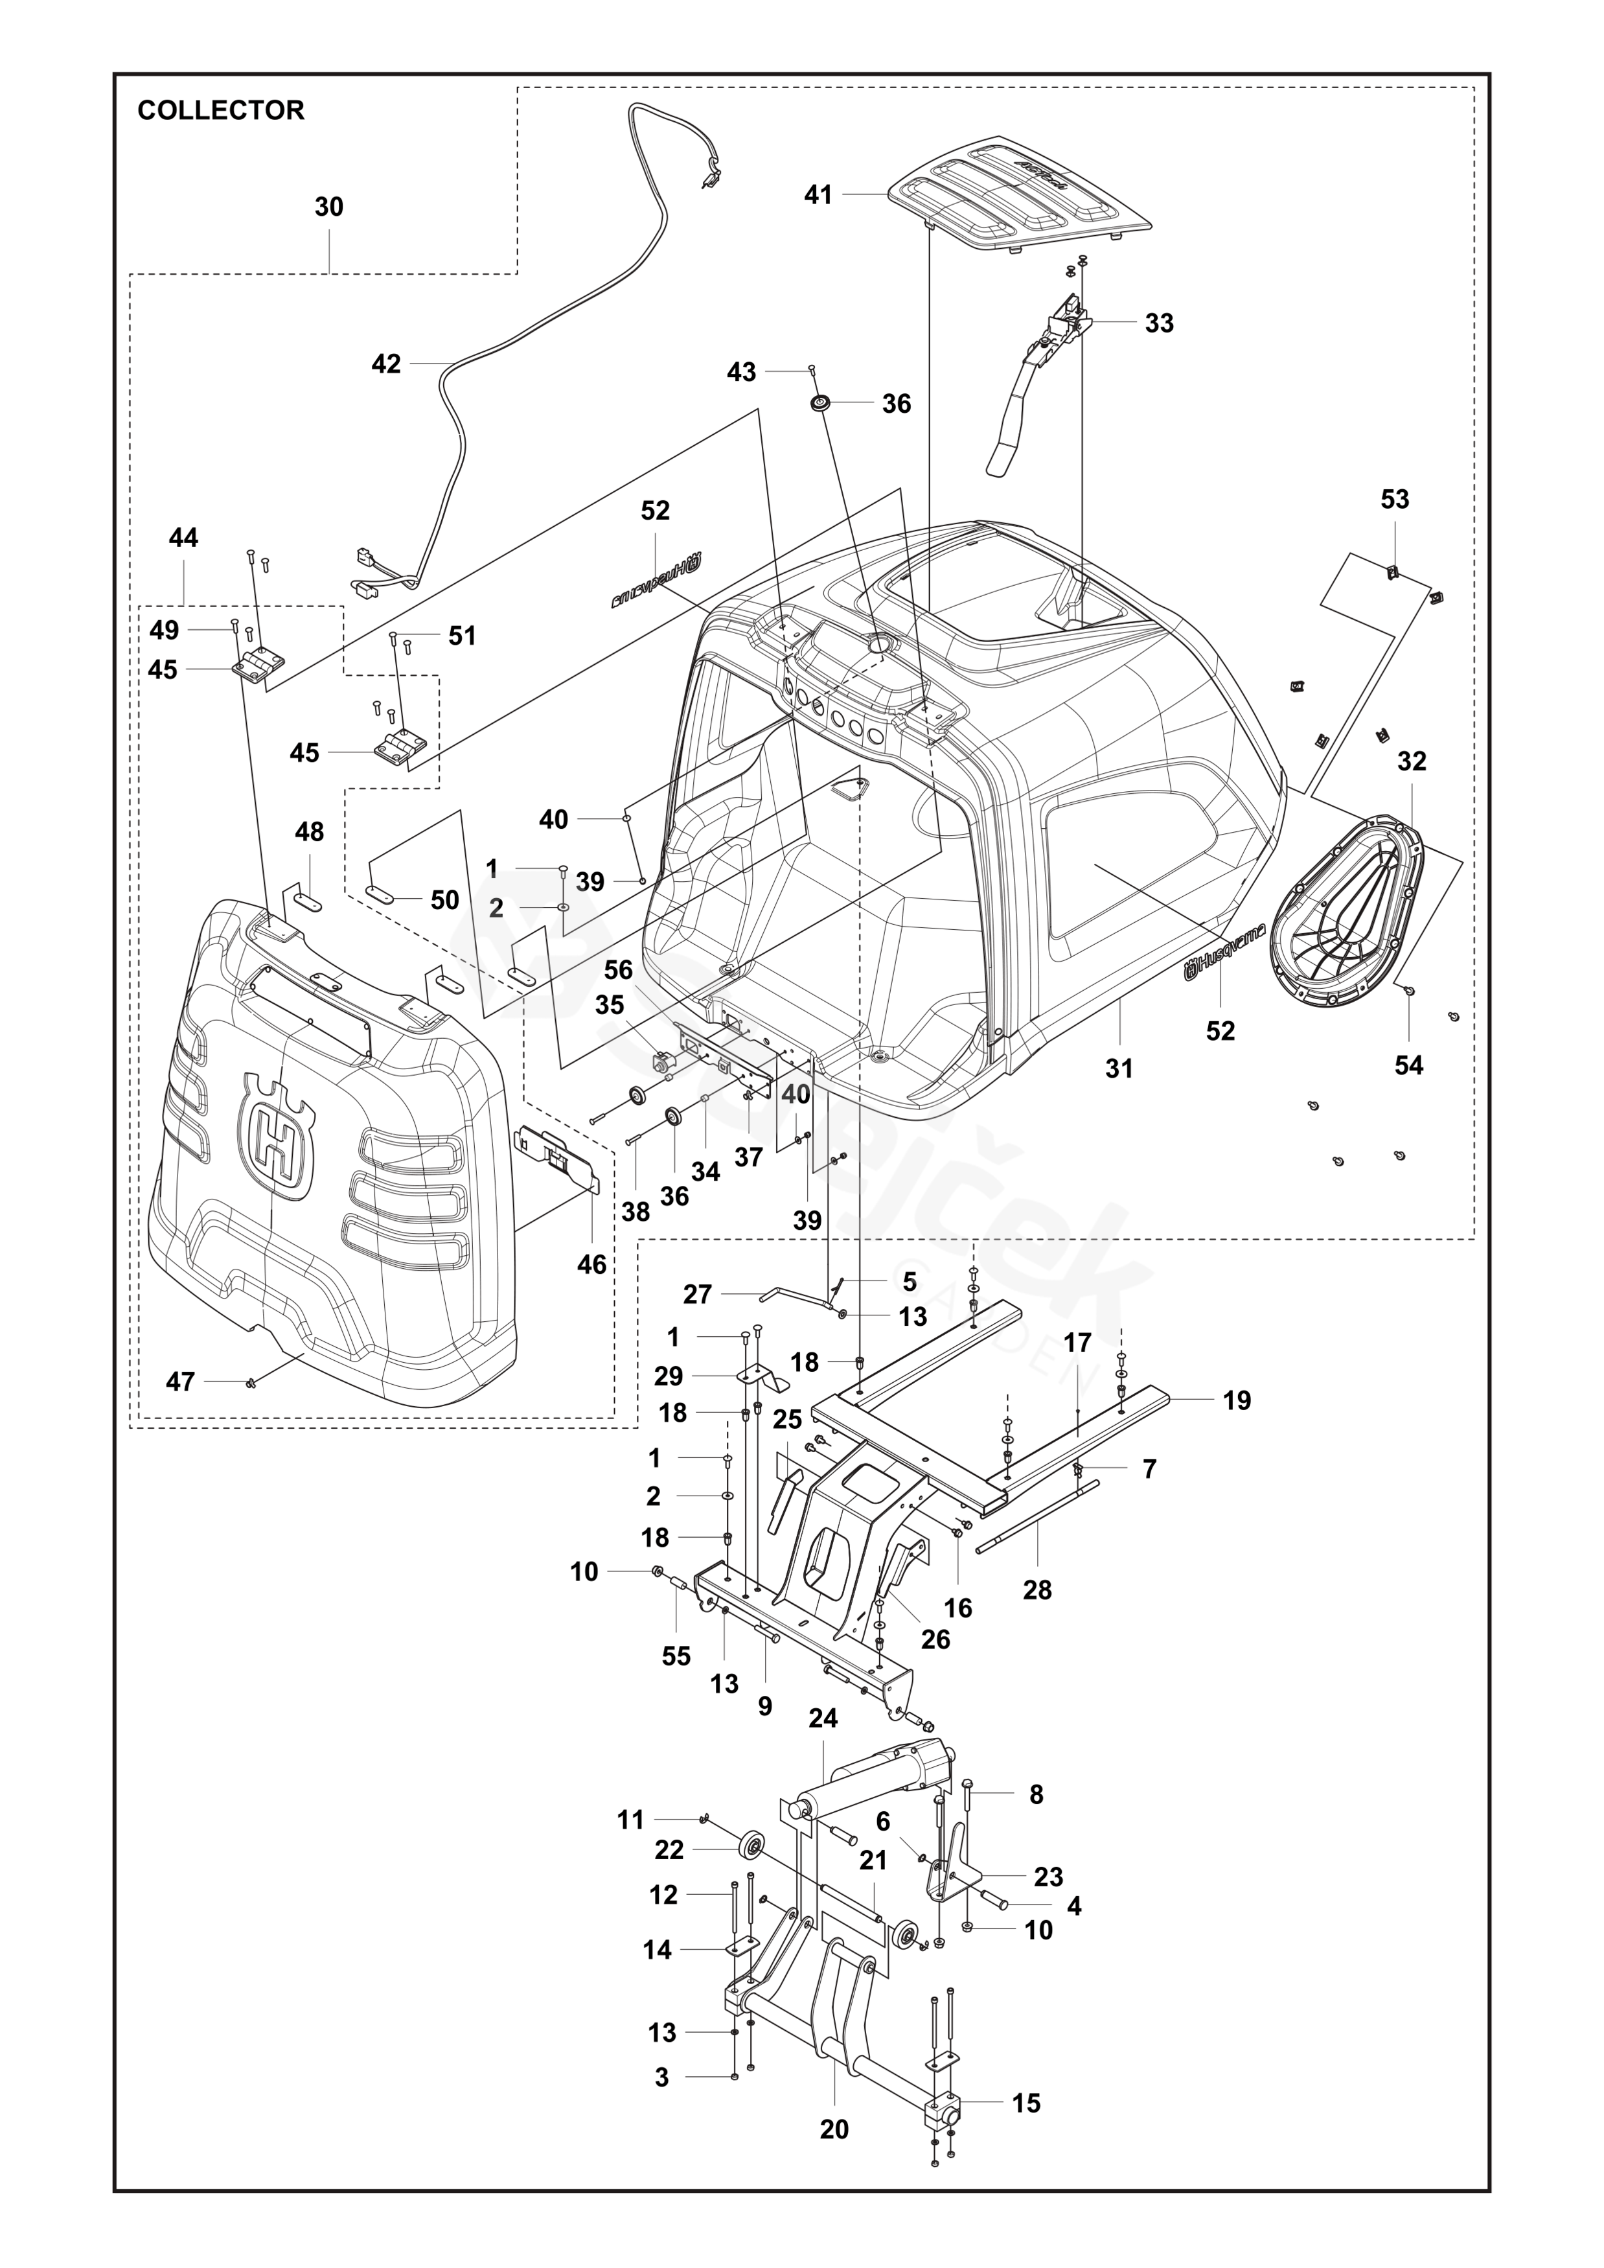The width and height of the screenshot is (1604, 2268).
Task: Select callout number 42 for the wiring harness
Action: [386, 364]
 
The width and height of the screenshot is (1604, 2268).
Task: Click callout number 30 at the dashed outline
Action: [329, 207]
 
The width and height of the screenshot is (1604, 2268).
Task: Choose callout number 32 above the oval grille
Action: [1412, 761]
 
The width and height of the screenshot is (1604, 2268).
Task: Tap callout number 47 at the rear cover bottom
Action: [179, 1382]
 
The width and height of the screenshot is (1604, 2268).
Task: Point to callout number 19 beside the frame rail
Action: [1237, 1401]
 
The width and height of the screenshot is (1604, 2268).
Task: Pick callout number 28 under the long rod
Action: [1037, 1590]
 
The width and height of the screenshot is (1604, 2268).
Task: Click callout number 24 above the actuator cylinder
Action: [823, 1718]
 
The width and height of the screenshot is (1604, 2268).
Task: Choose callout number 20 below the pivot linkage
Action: [834, 2130]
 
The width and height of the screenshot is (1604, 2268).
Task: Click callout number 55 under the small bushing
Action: [676, 1656]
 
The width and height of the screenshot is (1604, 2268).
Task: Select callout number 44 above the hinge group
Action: [184, 538]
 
